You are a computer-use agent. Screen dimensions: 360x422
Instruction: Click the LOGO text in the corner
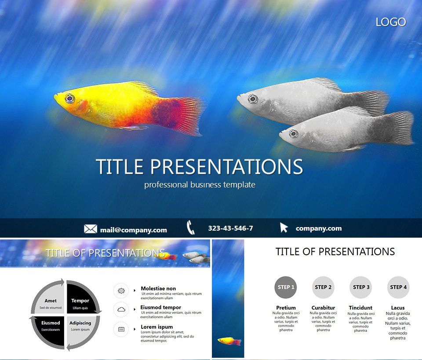click(390, 22)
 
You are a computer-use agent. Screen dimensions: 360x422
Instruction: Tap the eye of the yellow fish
click(69, 98)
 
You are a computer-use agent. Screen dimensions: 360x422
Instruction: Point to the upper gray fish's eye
click(252, 99)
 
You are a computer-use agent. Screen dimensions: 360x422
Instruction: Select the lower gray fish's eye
click(294, 133)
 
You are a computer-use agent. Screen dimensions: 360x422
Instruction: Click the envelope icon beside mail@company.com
click(91, 229)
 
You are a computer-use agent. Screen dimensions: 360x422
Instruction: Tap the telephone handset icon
click(190, 228)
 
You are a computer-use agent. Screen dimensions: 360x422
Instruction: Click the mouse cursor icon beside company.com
click(284, 228)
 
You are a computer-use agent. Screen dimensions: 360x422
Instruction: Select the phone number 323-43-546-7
click(230, 228)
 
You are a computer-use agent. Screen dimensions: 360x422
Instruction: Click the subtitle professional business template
click(200, 185)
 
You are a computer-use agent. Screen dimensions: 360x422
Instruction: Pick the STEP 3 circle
click(361, 287)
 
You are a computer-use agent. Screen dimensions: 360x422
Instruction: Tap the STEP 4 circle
click(398, 287)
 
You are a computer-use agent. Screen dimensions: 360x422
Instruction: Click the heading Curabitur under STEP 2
click(323, 308)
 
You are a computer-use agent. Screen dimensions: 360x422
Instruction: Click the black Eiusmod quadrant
click(50, 325)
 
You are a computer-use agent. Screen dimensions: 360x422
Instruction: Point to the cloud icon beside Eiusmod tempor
click(121, 309)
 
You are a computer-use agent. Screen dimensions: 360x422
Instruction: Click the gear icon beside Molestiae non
click(121, 290)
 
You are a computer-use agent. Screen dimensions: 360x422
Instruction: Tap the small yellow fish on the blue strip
click(229, 341)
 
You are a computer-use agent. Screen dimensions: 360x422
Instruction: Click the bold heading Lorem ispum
click(157, 327)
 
